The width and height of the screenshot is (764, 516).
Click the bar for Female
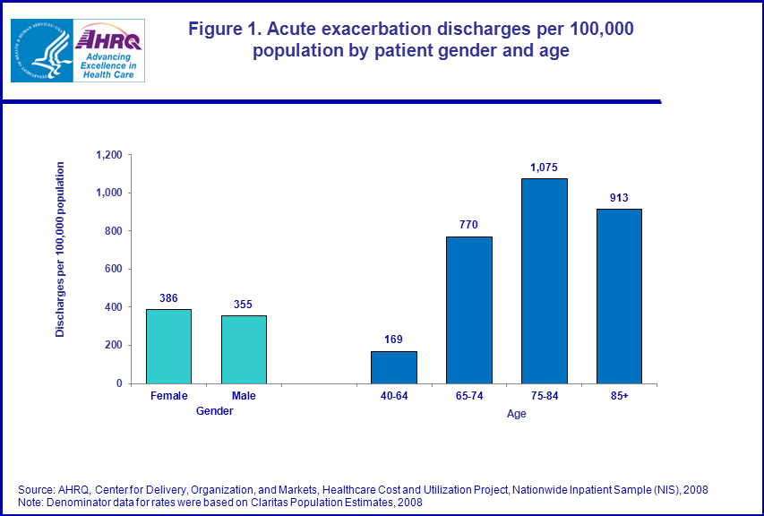tap(168, 346)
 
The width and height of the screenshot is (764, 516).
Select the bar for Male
tap(244, 349)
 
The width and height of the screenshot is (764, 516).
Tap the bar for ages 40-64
tap(394, 366)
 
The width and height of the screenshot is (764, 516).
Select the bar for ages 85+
tap(619, 296)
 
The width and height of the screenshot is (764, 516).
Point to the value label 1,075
tap(545, 167)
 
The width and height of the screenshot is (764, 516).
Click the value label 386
tap(168, 298)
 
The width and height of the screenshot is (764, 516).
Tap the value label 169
tap(394, 340)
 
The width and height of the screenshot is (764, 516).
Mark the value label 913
tap(619, 198)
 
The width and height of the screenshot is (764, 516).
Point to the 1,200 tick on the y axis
tap(107, 155)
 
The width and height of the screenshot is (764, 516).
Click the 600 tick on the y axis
tap(113, 269)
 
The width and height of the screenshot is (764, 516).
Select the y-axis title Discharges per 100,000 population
tap(61, 249)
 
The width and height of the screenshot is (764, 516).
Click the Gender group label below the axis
tap(214, 411)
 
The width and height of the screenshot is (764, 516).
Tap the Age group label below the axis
tap(517, 414)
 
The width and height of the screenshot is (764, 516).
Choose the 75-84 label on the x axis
tap(545, 396)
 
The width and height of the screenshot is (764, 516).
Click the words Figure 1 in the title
tap(225, 29)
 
